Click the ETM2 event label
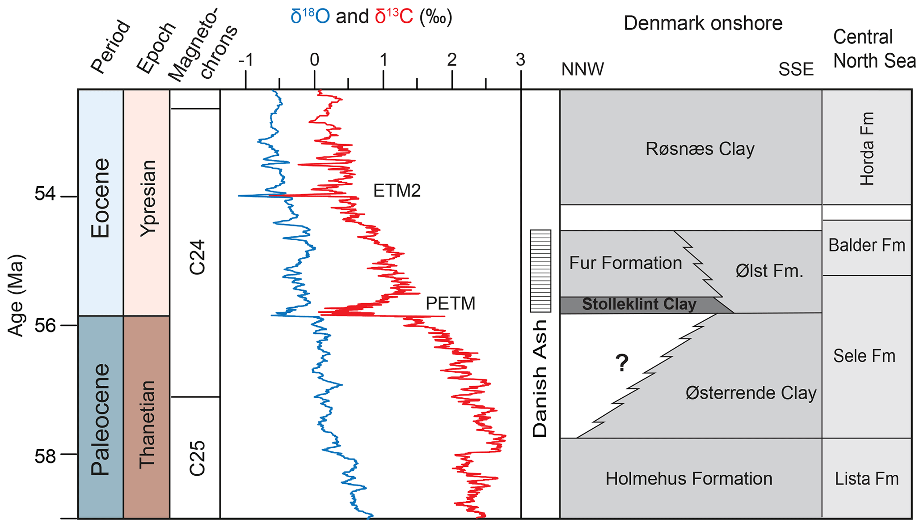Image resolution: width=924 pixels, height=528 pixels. pyautogui.click(x=397, y=191)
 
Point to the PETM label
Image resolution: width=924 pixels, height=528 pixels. pyautogui.click(x=450, y=303)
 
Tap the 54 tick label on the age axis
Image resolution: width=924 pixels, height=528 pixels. pyautogui.click(x=45, y=195)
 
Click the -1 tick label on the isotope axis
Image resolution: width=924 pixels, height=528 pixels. pyautogui.click(x=245, y=60)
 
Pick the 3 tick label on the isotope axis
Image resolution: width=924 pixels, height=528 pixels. pyautogui.click(x=520, y=60)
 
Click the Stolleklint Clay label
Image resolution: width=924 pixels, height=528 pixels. pyautogui.click(x=639, y=304)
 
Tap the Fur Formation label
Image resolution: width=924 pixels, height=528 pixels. pyautogui.click(x=625, y=263)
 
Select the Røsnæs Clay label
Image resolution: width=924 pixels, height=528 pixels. pyautogui.click(x=700, y=149)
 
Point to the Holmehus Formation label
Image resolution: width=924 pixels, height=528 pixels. pyautogui.click(x=689, y=479)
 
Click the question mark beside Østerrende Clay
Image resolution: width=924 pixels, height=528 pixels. pyautogui.click(x=622, y=363)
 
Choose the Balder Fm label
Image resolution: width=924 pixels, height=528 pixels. pyautogui.click(x=866, y=245)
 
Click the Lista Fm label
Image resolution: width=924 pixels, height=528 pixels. pyautogui.click(x=866, y=479)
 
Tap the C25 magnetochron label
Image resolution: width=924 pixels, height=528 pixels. pyautogui.click(x=197, y=458)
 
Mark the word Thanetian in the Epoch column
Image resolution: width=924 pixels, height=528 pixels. pyautogui.click(x=147, y=424)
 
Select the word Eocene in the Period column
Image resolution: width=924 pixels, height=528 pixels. pyautogui.click(x=100, y=198)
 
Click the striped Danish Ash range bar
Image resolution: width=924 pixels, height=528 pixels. pyautogui.click(x=540, y=271)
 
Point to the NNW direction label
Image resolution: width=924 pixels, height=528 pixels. pyautogui.click(x=582, y=69)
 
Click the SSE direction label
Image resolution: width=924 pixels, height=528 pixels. pyautogui.click(x=796, y=69)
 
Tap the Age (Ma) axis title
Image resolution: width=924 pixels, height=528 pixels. pyautogui.click(x=16, y=295)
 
